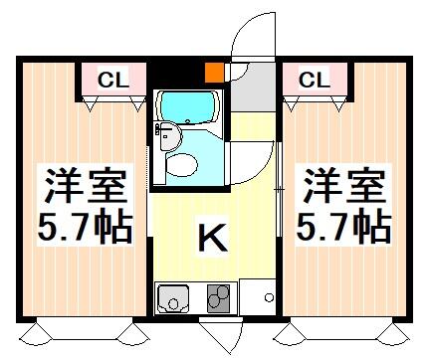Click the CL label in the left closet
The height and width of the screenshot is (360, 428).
pos(111,77)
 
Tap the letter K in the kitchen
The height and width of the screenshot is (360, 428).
pos(210,238)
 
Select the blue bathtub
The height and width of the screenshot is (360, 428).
pos(188,106)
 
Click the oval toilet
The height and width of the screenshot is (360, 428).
pos(181,163)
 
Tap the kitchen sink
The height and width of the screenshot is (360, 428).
pos(173,296)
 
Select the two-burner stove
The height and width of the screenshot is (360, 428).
pos(218,296)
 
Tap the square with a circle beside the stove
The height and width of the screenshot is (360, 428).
pos(265,296)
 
